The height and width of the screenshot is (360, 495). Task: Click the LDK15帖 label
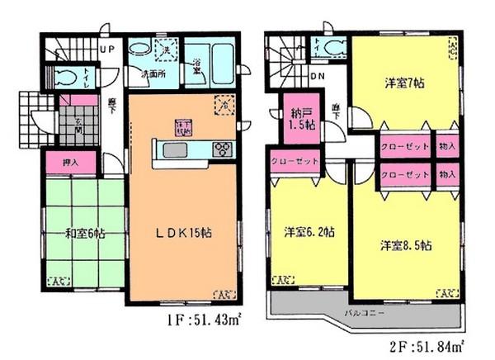pos(186,233)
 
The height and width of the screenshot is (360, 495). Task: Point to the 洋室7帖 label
pos(403,83)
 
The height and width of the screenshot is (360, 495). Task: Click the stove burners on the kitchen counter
pos(222,149)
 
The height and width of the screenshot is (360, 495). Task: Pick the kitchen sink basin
pos(175,149)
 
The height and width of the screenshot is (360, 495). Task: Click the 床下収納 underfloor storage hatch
pos(182,127)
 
